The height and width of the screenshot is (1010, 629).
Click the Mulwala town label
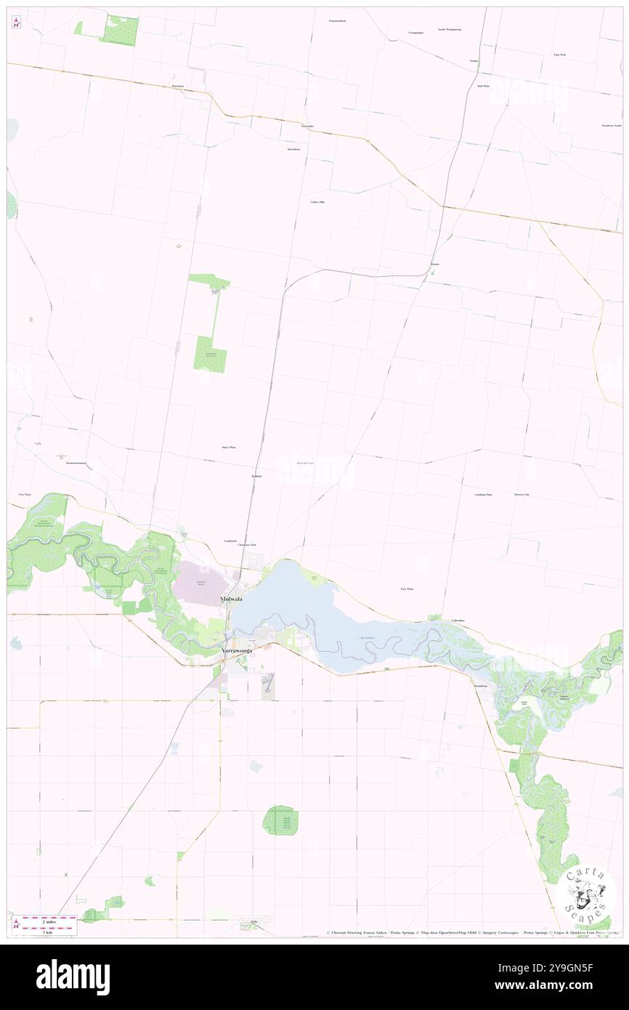[232, 599]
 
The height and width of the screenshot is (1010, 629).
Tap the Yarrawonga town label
[236, 651]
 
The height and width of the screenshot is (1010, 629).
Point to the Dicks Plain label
[228, 448]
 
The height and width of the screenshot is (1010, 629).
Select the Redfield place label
[256, 476]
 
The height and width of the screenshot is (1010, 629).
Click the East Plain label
[407, 589]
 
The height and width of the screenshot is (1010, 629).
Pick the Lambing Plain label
[484, 494]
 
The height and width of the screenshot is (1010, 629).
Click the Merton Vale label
[522, 494]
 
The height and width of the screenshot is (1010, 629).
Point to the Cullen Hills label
[317, 202]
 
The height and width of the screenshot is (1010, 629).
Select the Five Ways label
[25, 494]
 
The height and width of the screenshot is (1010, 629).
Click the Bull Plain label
[483, 86]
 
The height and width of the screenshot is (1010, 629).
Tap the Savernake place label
[308, 126]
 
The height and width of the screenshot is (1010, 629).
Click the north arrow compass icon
[16, 23]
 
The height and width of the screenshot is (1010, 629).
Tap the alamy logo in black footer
[73, 977]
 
